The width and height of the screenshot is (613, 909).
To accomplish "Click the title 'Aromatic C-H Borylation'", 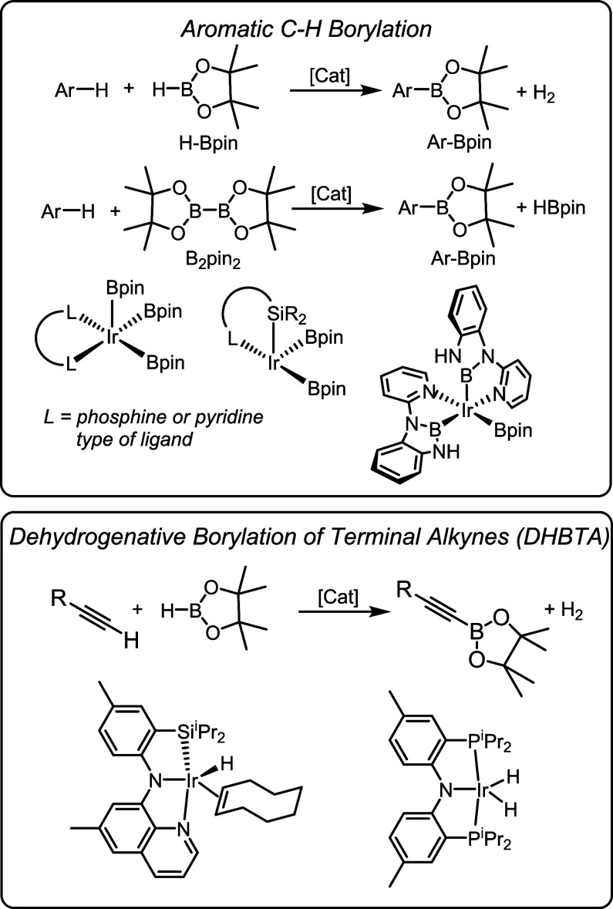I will coord(307,28).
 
